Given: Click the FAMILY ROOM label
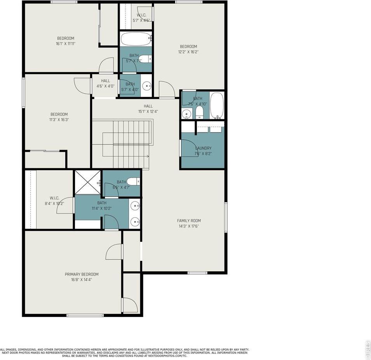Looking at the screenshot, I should [189, 220].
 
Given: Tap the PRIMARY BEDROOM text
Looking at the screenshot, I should [82, 274].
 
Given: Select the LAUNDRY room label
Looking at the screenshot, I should [203, 148].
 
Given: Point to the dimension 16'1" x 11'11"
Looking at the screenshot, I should [66, 44].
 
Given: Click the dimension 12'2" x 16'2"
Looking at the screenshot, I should [188, 52].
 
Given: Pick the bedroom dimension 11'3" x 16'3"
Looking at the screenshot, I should [59, 120].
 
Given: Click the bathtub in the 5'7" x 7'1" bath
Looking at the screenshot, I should [136, 39].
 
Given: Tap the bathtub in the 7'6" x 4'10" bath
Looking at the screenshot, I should [217, 105].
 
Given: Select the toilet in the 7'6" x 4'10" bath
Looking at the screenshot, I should [199, 112].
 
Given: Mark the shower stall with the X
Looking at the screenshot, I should [87, 182].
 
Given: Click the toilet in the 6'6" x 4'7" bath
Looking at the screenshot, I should [133, 181].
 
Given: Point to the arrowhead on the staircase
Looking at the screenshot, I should [148, 156].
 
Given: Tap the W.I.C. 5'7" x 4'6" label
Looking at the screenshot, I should [141, 17].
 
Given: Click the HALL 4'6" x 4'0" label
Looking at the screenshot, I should [105, 84].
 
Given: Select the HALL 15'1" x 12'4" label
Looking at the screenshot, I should [148, 108].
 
